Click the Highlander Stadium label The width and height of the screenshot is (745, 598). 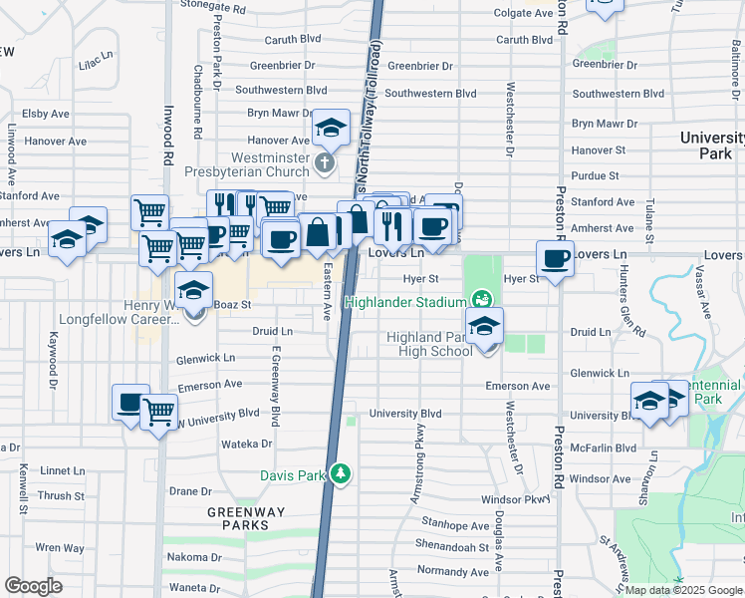point(405,302)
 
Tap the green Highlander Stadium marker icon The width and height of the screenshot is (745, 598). point(482,299)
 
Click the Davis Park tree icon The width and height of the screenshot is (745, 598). point(341,472)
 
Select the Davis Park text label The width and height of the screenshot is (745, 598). point(293,475)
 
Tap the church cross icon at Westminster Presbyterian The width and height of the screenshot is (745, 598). point(324,161)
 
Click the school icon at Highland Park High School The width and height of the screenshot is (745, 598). point(484,326)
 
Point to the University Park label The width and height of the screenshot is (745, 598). point(715,146)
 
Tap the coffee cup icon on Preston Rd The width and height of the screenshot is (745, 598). point(556,260)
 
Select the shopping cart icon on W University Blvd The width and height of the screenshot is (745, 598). point(159,410)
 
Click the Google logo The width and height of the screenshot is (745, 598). point(34,586)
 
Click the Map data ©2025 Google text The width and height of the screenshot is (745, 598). point(683,590)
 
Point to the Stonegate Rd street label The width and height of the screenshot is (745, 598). point(212,7)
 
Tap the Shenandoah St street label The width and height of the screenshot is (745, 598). point(454,547)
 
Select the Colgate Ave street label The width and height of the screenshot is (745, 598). point(524,13)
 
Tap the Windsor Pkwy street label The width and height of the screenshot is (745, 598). point(515,499)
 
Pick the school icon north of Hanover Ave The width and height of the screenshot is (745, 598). point(331,128)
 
